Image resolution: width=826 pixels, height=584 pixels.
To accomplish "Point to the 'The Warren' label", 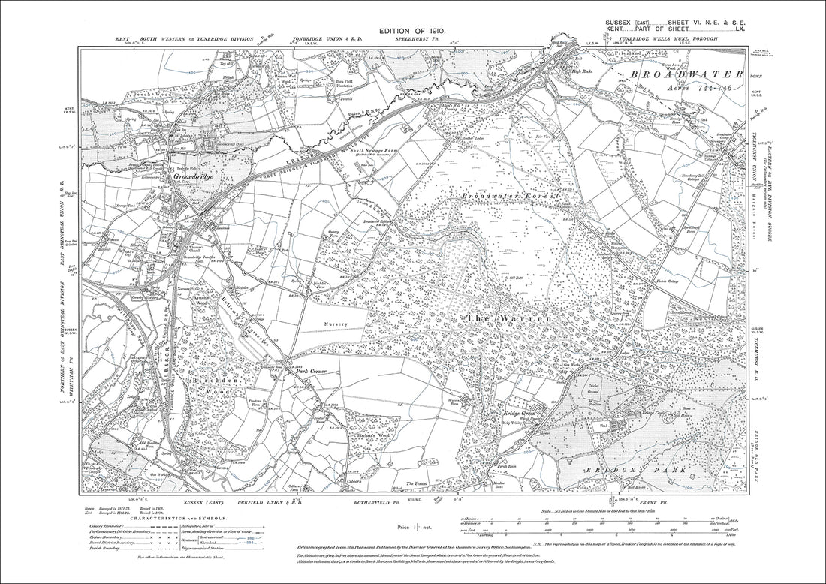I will [511, 318].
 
